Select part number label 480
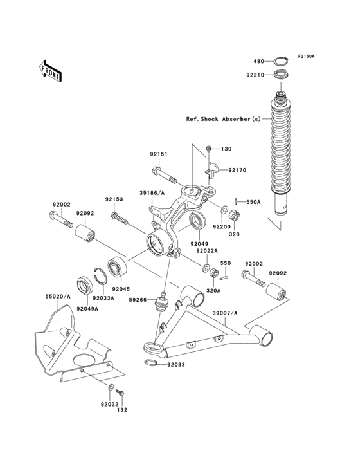258,62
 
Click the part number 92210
255,75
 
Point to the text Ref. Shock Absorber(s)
224,120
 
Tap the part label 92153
115,199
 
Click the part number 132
123,409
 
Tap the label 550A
255,202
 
